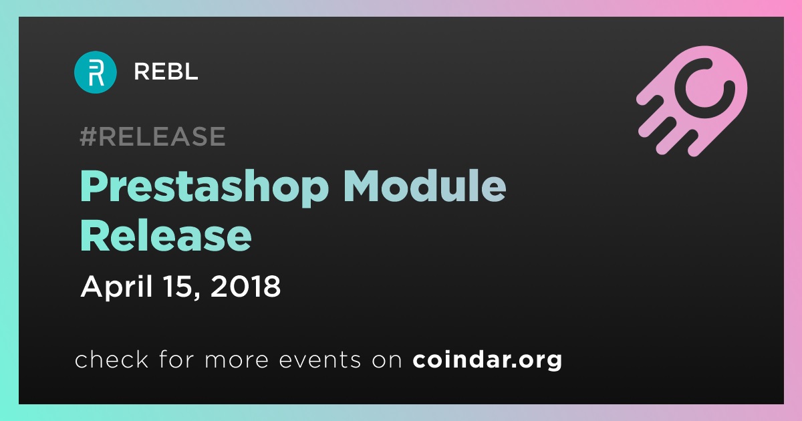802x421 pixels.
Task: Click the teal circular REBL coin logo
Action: click(x=95, y=72)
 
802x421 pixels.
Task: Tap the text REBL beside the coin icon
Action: click(x=166, y=72)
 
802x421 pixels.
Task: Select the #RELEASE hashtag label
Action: click(x=152, y=136)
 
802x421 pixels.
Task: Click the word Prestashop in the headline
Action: click(x=204, y=188)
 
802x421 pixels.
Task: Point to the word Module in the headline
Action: click(x=424, y=186)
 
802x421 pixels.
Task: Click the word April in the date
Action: click(x=117, y=287)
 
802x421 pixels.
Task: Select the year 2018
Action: click(x=246, y=287)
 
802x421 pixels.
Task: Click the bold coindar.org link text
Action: click(x=487, y=360)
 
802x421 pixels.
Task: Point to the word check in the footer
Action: click(x=112, y=359)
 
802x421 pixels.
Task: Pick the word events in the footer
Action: click(x=319, y=360)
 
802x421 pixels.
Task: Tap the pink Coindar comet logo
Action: click(x=692, y=101)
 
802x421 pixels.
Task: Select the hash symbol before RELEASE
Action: click(x=88, y=136)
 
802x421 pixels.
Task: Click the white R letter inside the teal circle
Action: click(x=96, y=73)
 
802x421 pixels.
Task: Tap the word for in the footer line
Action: click(x=177, y=359)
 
